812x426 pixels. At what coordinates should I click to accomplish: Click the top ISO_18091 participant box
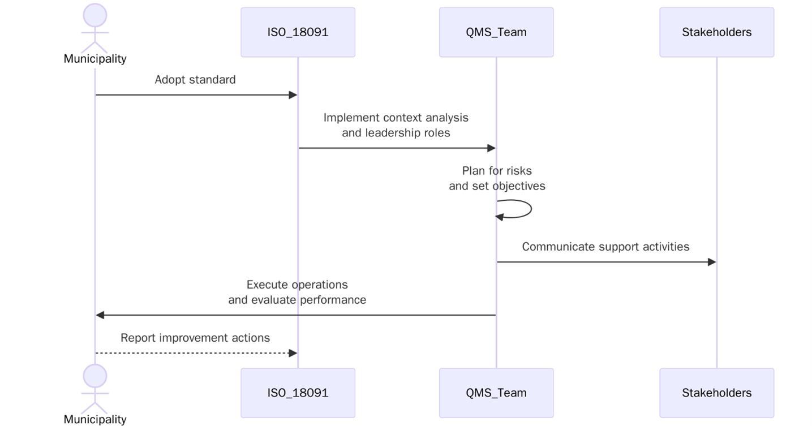(298, 32)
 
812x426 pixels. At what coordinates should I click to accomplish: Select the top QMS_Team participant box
(496, 32)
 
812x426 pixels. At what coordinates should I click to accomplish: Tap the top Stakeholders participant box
(716, 32)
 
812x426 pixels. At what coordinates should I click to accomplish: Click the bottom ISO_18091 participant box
(298, 393)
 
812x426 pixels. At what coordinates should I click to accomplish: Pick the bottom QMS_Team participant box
(496, 393)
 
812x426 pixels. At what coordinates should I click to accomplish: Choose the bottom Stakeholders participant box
(716, 393)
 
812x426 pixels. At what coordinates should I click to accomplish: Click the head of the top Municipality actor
(95, 15)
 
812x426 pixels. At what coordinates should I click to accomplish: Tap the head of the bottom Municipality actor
(95, 376)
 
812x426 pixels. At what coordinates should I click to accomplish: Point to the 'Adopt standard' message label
(195, 80)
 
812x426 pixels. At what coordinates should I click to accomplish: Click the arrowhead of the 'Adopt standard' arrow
(293, 95)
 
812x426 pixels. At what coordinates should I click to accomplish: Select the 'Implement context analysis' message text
(396, 118)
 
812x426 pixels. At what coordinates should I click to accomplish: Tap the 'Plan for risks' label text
(497, 171)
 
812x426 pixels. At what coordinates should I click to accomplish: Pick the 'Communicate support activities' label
(605, 247)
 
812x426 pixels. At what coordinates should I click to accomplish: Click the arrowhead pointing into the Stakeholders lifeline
(712, 262)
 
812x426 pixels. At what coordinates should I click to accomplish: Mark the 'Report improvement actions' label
(195, 338)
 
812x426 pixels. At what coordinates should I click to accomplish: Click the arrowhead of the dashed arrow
(293, 353)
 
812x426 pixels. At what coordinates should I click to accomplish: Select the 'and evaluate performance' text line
(297, 300)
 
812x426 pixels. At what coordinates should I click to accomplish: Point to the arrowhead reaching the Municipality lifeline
(100, 315)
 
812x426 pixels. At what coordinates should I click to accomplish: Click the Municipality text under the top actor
(95, 59)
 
